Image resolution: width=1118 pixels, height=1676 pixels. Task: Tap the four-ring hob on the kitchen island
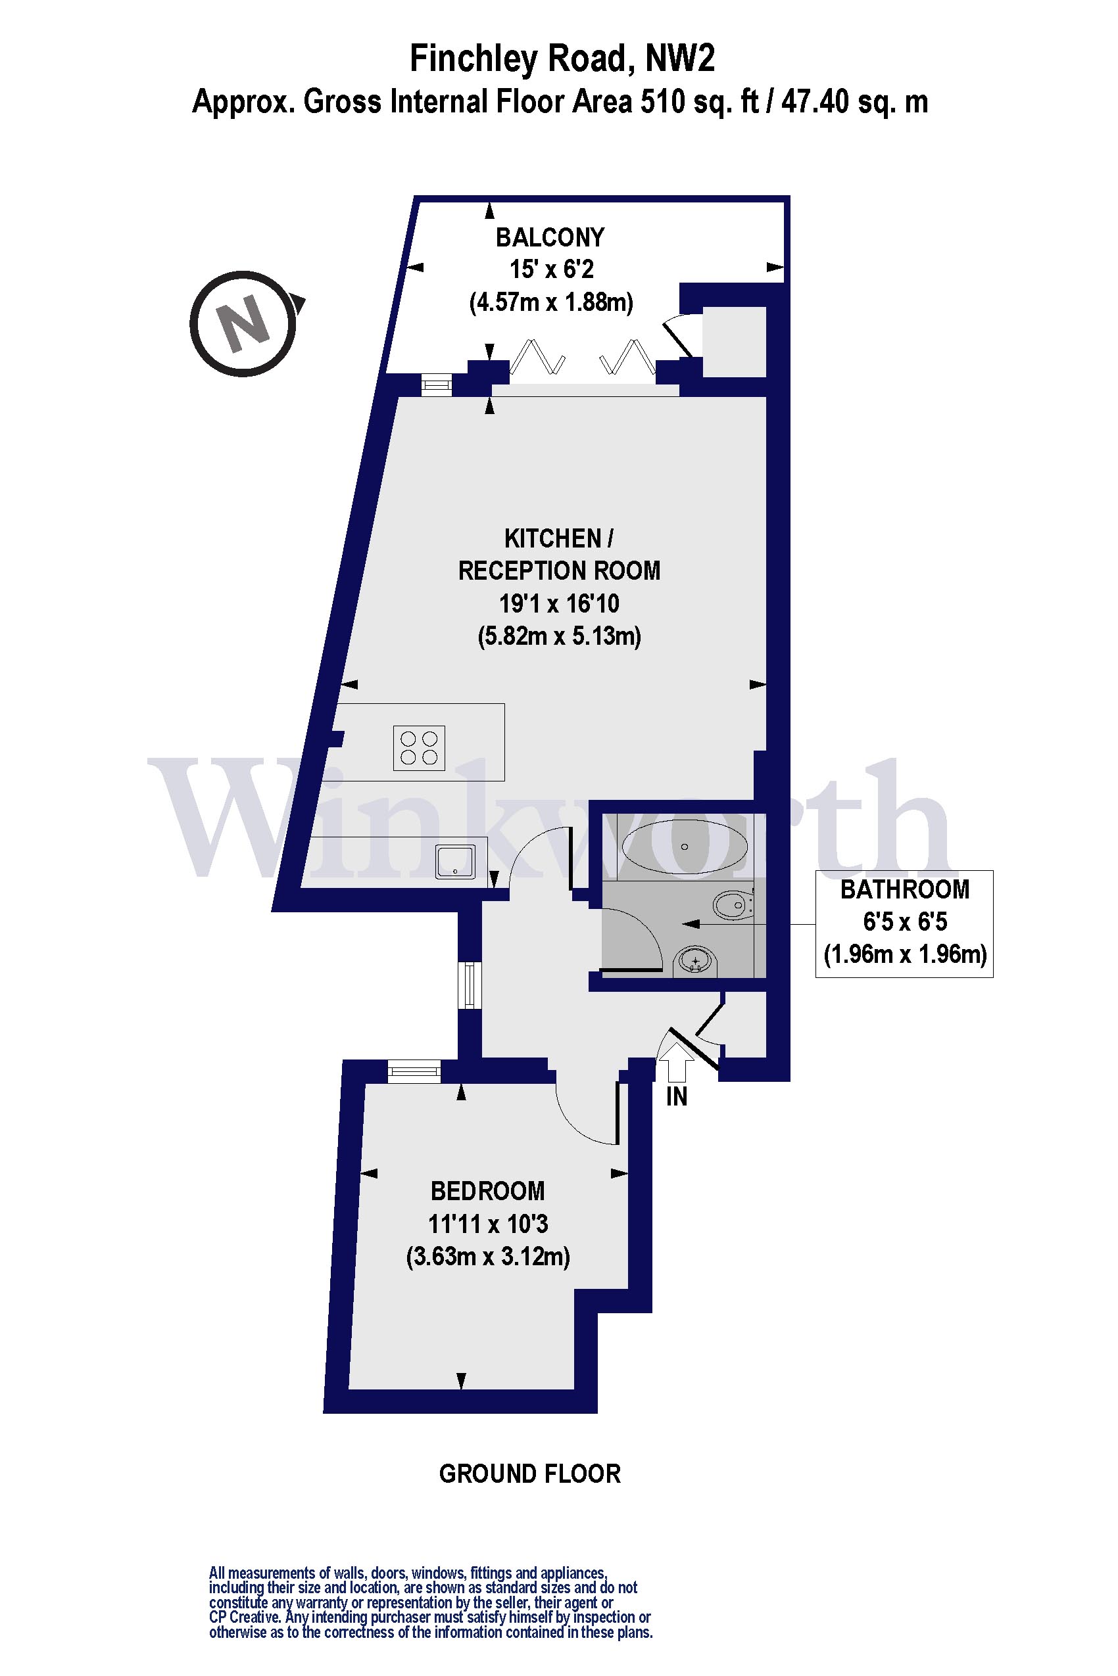tap(420, 748)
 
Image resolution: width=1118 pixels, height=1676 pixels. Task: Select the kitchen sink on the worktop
tap(456, 862)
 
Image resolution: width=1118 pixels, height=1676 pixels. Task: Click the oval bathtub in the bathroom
tap(685, 847)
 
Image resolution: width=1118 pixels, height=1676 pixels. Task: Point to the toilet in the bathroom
tap(729, 906)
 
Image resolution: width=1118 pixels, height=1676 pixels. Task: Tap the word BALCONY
tap(550, 237)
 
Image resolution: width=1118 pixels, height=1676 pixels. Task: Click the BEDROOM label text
tap(488, 1191)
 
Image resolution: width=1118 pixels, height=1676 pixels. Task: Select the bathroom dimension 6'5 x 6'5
tap(905, 922)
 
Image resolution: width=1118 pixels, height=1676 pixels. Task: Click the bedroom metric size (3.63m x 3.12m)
tap(488, 1255)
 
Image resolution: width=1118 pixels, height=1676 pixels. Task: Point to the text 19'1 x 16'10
tap(559, 603)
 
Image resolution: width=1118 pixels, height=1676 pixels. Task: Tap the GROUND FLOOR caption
tap(530, 1474)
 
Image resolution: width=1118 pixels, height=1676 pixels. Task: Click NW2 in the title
tap(679, 58)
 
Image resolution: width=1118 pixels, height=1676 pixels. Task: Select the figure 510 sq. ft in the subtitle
tap(700, 102)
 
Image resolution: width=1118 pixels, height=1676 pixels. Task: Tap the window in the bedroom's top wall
tap(414, 1071)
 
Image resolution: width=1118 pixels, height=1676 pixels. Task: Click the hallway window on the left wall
tap(469, 985)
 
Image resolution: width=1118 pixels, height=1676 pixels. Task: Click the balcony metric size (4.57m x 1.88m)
tap(551, 302)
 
